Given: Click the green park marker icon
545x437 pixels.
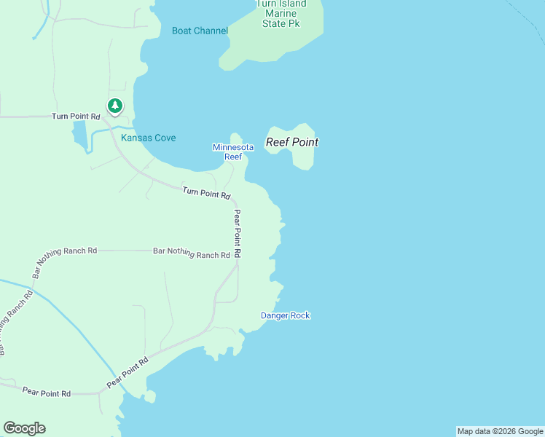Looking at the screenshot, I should coord(114,106).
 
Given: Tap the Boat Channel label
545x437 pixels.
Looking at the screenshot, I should coord(200,31).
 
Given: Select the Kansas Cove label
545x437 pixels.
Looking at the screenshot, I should coord(148,138).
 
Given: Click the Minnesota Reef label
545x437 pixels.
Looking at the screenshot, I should coord(232,151).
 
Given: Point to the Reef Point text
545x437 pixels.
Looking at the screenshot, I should coord(291,142).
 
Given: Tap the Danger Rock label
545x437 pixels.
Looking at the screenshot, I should coord(286,315).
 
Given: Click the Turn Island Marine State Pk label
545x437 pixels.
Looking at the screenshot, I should coord(281,13).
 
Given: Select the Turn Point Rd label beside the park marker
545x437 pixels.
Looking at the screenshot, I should coord(75,117).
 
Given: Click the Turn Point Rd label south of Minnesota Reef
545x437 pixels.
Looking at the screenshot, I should coord(206,193).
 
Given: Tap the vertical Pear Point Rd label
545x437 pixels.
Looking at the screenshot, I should coord(237,233).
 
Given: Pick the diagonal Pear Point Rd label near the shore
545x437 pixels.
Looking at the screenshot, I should coord(128,372).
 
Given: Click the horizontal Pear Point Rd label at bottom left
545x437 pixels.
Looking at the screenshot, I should coord(46,393).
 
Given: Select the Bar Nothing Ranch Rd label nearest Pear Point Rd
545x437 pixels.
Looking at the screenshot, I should coord(191,253).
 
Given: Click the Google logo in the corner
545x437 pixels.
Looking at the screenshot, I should coord(24,428).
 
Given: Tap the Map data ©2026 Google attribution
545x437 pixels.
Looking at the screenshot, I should coord(500,431).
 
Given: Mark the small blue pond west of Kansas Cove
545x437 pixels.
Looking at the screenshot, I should coord(79,134).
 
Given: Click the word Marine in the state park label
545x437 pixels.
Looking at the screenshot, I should coord(281,13).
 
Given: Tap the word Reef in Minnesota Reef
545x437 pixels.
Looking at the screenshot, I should coord(232,157).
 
